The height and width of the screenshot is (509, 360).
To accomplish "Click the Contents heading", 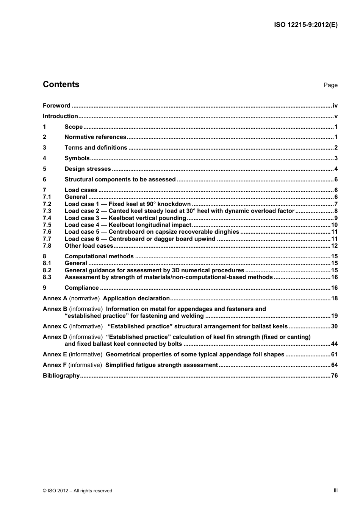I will (61, 84).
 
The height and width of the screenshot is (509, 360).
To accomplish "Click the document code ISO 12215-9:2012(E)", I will (305, 25).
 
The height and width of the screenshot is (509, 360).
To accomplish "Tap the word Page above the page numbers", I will (330, 85).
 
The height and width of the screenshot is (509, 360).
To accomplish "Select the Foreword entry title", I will (56, 106).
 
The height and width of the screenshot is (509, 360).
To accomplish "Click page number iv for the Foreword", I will (335, 106).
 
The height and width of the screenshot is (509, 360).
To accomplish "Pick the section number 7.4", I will (47, 218).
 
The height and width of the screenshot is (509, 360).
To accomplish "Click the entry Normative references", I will (95, 137).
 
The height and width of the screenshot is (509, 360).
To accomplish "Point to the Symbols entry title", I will (77, 158).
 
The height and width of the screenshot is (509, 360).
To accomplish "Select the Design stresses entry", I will (88, 169).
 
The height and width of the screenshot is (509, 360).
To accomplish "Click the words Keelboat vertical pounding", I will (147, 218).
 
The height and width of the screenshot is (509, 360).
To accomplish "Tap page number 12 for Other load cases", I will (334, 246).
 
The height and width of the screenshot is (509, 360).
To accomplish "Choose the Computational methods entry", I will (99, 256).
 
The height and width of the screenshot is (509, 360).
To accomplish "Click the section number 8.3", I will (47, 277).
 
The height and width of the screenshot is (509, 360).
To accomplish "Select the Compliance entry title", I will (81, 288).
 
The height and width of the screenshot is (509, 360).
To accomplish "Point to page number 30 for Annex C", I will (334, 326).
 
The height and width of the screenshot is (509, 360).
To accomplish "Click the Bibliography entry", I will (61, 376).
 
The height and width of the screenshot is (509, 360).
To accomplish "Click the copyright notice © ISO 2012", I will (77, 491).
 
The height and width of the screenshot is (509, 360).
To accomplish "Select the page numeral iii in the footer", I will (335, 490).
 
